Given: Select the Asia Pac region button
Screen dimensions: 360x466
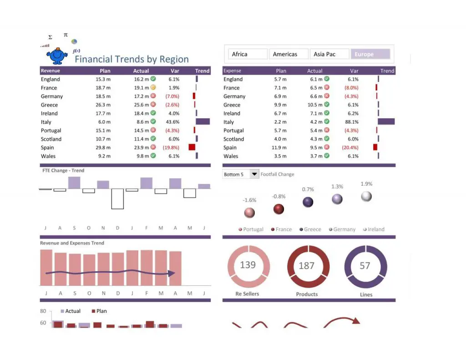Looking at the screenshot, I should click(x=330, y=54).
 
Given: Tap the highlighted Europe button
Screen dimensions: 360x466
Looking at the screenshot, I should click(x=370, y=54).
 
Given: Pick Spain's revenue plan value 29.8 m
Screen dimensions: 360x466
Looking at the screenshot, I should click(x=103, y=147).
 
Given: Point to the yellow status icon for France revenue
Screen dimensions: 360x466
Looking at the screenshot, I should click(x=153, y=87).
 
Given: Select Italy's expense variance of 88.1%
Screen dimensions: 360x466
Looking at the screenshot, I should click(x=352, y=122).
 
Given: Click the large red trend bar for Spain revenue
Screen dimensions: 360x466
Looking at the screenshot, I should click(x=192, y=147).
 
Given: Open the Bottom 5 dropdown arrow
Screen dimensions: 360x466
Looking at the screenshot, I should click(x=254, y=174).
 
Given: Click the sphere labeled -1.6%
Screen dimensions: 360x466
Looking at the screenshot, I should click(x=249, y=213).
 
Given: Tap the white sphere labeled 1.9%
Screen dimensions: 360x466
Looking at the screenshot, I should click(x=366, y=196).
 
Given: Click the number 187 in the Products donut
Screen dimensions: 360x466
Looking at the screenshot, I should click(x=307, y=266).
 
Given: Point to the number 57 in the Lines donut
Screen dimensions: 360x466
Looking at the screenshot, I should click(x=365, y=266).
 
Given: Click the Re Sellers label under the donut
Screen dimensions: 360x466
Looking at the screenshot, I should click(x=248, y=294).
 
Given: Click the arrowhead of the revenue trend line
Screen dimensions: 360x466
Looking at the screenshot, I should click(x=172, y=274).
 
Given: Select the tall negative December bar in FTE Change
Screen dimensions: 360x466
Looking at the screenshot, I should click(x=117, y=199).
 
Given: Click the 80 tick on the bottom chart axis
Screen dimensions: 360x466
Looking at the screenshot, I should click(x=43, y=311).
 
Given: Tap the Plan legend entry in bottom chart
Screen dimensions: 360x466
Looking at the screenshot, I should click(x=99, y=311).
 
